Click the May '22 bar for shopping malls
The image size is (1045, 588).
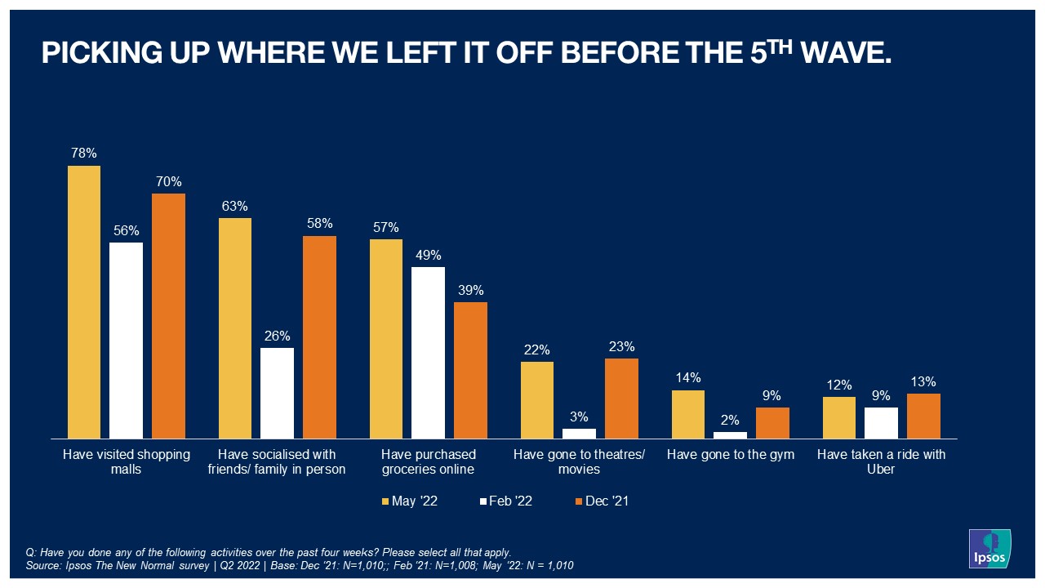[84, 302]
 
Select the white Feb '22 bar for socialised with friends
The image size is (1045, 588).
[277, 394]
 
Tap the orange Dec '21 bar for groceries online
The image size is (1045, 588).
[470, 371]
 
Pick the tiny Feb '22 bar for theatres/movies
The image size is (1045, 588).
[579, 434]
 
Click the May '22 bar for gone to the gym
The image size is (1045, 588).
[688, 415]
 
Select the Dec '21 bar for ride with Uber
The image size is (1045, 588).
[923, 416]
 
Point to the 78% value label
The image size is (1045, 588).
[84, 154]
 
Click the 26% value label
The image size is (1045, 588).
[277, 336]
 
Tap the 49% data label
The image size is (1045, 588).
[428, 255]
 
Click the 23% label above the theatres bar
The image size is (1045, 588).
[621, 346]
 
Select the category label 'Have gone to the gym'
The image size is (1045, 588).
[730, 455]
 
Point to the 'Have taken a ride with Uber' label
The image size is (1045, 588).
[881, 462]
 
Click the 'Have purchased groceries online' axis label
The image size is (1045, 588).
[428, 462]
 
